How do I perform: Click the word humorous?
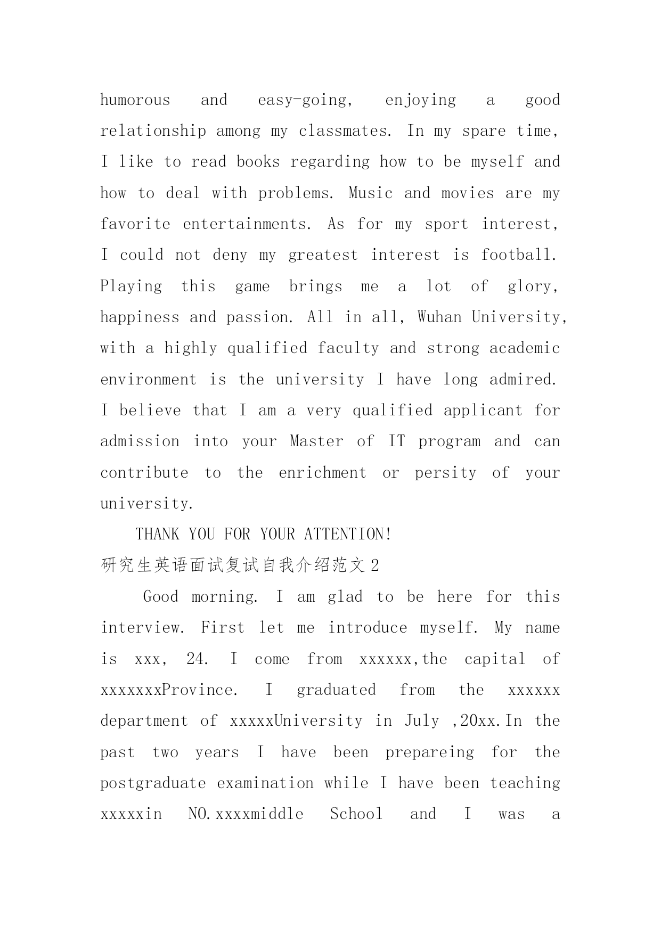(135, 100)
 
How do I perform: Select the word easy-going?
(305, 100)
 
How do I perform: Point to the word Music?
(370, 193)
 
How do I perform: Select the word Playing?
(132, 286)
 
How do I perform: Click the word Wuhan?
(439, 317)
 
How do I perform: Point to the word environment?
(149, 380)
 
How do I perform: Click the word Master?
(317, 441)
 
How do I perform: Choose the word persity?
(446, 473)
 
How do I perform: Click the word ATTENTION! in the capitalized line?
(348, 534)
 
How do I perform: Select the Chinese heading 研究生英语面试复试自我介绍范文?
(233, 566)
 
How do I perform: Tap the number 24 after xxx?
(197, 659)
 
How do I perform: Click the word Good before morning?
(161, 596)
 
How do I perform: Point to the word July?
(422, 721)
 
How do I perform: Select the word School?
(356, 814)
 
